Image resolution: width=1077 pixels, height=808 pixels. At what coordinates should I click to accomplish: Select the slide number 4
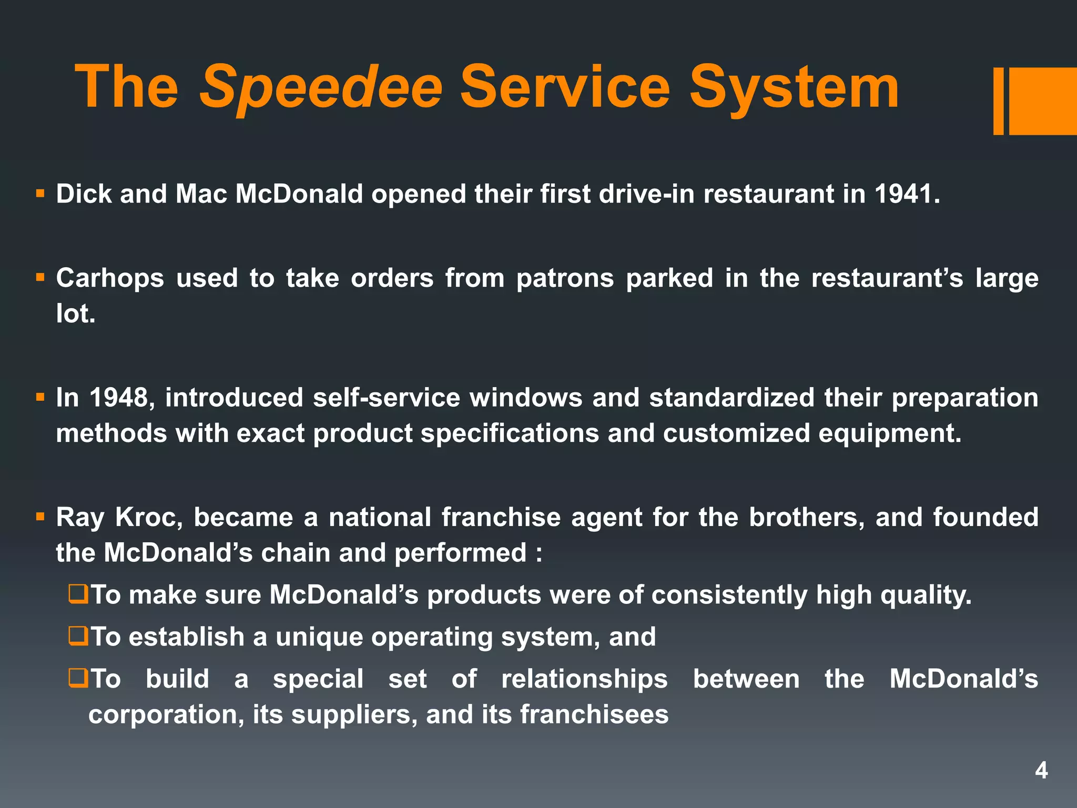1041,771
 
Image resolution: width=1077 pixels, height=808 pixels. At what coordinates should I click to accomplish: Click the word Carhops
110,278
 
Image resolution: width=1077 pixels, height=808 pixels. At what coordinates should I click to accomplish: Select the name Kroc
149,517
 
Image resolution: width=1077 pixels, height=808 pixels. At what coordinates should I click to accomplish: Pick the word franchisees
594,714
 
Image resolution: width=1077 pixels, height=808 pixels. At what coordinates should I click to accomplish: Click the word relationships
584,679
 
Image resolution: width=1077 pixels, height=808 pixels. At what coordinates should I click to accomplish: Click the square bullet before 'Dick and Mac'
40,194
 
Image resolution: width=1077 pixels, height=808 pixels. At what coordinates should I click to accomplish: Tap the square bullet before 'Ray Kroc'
40,517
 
